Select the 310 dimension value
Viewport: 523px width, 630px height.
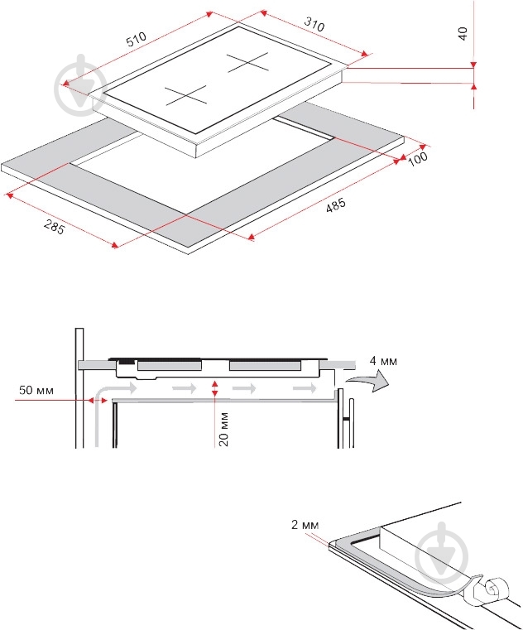(x=314, y=24)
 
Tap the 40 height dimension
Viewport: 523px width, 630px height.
(x=463, y=33)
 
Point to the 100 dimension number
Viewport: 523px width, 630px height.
(x=418, y=159)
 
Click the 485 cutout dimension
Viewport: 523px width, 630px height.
(x=335, y=205)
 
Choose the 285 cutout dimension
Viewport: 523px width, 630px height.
(x=55, y=228)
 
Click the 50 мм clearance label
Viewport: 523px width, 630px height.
(x=36, y=390)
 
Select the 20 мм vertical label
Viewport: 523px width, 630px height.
(x=223, y=429)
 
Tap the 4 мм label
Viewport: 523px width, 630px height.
(x=383, y=361)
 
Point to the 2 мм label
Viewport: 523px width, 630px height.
(x=305, y=525)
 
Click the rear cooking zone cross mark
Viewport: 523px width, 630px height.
(x=247, y=62)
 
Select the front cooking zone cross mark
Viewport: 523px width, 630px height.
(x=186, y=96)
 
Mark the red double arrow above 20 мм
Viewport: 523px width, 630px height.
(x=215, y=387)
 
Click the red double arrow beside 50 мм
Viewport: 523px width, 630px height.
(x=98, y=400)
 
